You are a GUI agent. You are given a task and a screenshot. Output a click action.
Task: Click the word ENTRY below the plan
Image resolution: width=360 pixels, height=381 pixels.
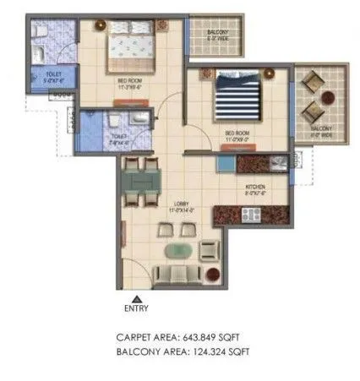pos(136,308)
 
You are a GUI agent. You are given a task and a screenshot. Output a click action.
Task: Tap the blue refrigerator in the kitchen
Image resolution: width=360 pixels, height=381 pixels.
pos(227,162)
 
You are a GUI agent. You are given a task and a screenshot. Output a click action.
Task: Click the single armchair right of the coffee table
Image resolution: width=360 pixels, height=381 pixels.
pos(207,250)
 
